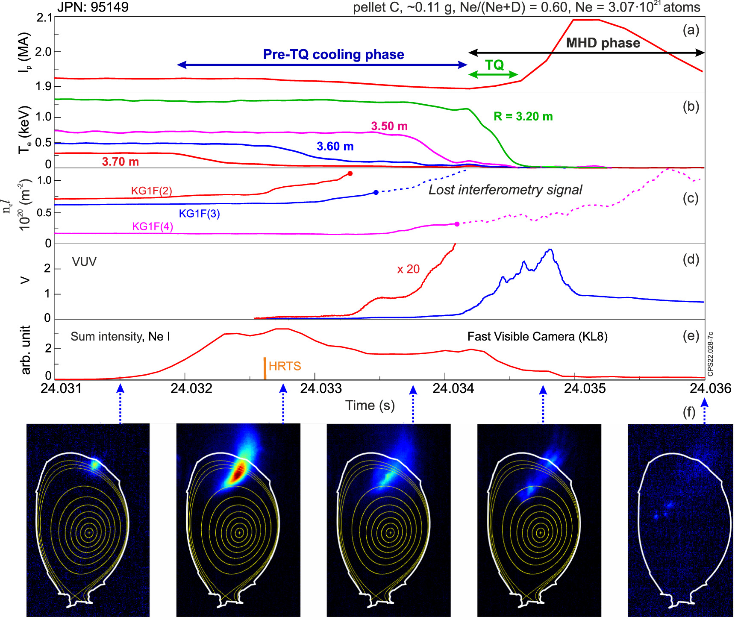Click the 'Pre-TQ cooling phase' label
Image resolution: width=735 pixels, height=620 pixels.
(333, 55)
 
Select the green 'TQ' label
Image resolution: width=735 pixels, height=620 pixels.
(494, 65)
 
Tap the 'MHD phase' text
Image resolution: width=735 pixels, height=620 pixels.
(603, 43)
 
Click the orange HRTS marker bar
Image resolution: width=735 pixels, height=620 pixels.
(265, 368)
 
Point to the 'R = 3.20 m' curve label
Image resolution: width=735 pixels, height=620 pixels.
(523, 117)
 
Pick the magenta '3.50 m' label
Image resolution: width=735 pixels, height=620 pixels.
(389, 126)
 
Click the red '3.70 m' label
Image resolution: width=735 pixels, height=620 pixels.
(120, 162)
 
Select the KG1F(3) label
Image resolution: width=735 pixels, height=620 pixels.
(199, 214)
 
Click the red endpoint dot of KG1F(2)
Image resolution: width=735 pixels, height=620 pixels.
(350, 173)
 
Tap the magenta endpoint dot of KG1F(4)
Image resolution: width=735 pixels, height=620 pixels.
(457, 224)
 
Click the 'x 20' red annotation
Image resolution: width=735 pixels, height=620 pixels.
(408, 269)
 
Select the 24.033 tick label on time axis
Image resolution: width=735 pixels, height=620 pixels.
(321, 388)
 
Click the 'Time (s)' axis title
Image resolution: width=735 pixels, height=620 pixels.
(370, 405)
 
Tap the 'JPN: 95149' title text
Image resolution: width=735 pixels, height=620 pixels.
(93, 7)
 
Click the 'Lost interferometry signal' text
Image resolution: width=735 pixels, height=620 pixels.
(505, 190)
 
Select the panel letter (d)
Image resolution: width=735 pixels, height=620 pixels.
(691, 259)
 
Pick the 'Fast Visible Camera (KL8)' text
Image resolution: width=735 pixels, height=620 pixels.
(537, 337)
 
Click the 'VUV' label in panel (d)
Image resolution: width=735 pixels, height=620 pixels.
(84, 262)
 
